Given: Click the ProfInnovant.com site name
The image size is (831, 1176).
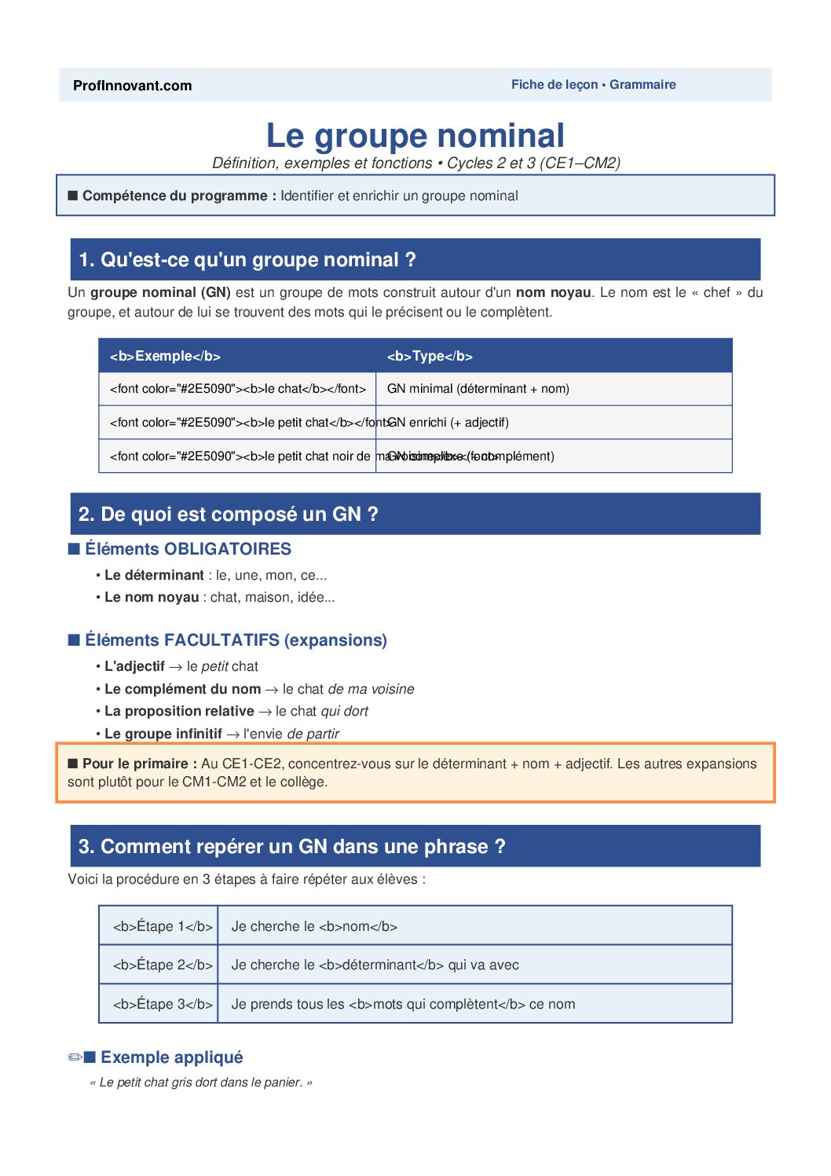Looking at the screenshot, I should tap(132, 86).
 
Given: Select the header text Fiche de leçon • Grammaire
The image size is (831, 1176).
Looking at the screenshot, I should tap(593, 85).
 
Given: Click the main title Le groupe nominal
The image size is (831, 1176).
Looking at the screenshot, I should tap(415, 135).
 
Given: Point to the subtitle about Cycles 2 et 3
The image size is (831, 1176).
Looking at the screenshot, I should tap(415, 163).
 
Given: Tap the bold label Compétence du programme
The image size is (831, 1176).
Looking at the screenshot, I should tap(179, 196).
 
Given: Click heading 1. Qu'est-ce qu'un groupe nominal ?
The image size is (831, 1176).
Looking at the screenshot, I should tap(247, 260).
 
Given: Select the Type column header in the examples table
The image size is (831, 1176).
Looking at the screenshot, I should tap(430, 356).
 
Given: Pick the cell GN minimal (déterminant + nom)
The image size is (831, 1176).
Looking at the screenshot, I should tap(478, 389).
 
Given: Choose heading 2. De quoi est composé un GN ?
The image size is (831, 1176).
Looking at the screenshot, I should tap(228, 515).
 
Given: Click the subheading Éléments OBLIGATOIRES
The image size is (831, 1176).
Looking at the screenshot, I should tap(188, 549).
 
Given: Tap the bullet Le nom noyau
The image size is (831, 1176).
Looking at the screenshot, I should tap(152, 597).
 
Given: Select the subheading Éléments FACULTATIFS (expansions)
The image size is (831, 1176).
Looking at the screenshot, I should tap(236, 640).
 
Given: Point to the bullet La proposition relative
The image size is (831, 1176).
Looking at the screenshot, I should tap(179, 711).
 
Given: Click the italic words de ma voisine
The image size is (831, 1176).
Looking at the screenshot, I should tap(371, 689).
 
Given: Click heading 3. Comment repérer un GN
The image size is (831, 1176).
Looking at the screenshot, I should tap(291, 847).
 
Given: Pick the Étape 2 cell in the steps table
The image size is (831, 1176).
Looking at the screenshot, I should tap(162, 965).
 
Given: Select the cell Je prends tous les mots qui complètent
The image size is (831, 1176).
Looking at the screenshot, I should tap(403, 1004).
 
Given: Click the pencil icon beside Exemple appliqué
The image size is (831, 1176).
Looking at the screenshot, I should tap(75, 1057).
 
